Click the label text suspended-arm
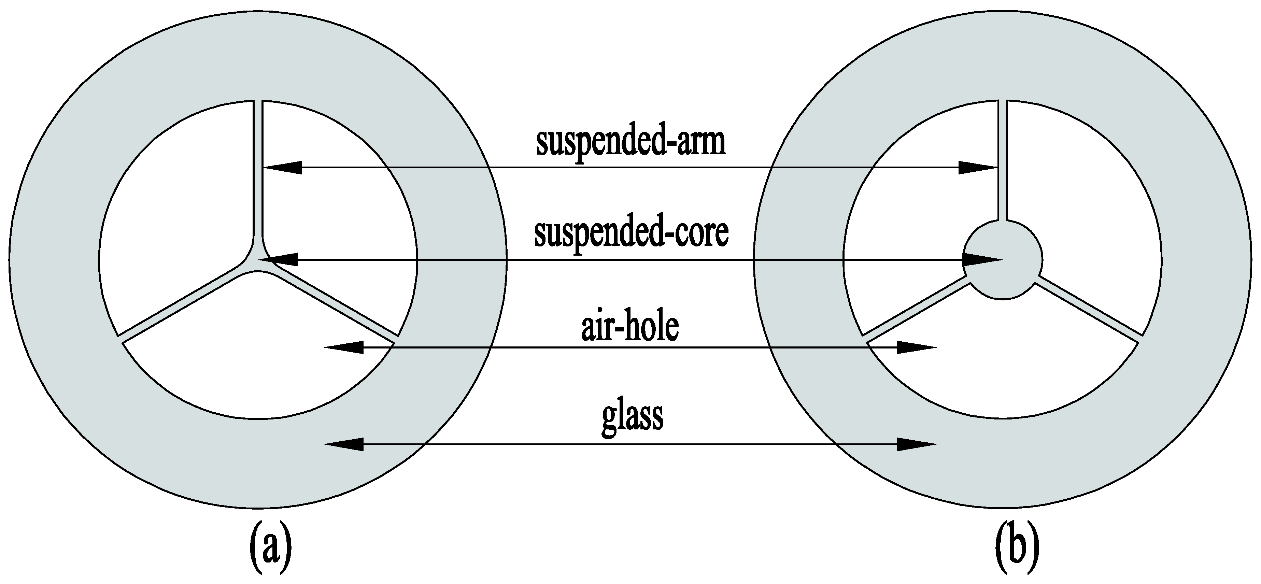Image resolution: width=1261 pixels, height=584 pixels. click(630, 143)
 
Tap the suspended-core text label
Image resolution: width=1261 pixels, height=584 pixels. click(630, 234)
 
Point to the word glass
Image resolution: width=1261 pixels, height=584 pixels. click(632, 416)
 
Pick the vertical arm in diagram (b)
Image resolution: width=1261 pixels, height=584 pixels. click(1002, 161)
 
